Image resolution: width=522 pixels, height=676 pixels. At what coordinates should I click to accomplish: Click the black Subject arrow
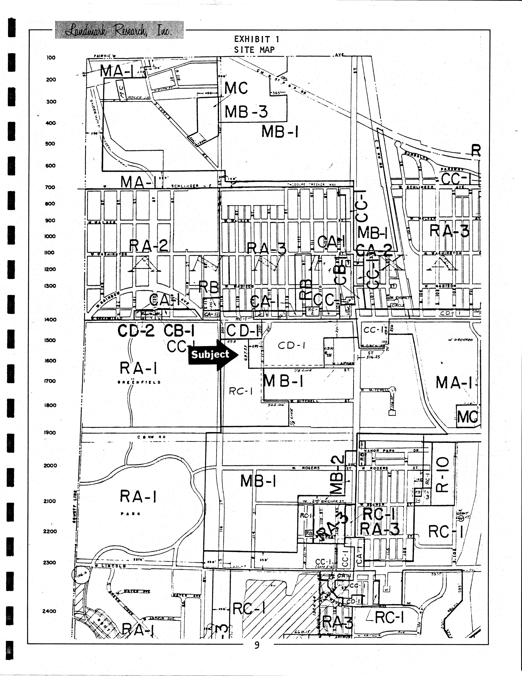213,355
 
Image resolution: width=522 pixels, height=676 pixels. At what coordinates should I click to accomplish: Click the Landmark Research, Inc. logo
119,30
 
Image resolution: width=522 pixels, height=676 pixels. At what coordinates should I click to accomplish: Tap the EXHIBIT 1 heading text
256,39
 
